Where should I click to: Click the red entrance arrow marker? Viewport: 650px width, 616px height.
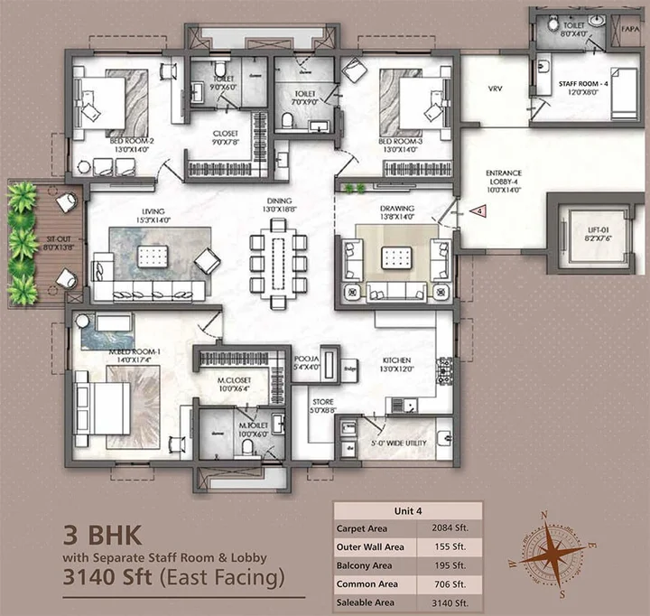(481, 211)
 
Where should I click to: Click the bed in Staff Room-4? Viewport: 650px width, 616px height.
(624, 91)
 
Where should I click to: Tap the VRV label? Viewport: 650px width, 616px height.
(494, 89)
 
